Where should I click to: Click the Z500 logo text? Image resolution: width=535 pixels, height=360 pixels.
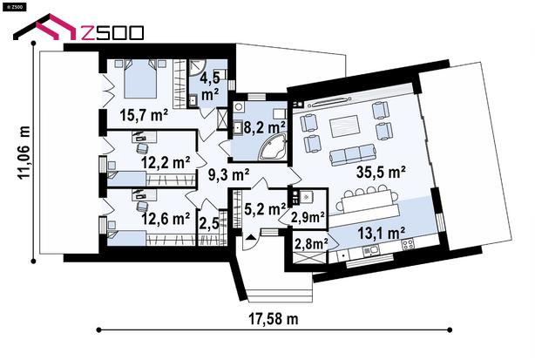coord(112,33)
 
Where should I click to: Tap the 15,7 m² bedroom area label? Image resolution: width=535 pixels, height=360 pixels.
coord(144,115)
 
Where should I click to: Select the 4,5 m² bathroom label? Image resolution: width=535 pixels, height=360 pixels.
coord(210,86)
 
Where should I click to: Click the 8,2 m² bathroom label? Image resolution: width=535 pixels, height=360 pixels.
coord(264,128)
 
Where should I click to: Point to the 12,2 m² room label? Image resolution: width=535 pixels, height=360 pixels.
coord(166,162)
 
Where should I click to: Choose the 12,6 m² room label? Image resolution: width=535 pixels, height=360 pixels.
coord(166,219)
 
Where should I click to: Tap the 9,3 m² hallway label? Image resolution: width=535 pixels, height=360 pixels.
coord(228,174)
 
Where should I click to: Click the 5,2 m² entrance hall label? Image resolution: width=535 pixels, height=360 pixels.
coord(265,208)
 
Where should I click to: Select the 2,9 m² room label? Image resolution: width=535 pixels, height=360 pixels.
coord(308,217)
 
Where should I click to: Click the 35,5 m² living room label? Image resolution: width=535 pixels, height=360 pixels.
coord(381,172)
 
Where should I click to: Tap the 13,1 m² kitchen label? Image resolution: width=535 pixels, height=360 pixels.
coord(382,233)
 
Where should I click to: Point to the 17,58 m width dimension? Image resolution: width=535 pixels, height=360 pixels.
coord(274,319)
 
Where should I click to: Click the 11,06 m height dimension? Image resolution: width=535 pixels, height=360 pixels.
coord(24,153)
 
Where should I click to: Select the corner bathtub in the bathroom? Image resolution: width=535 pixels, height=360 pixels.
coord(274,147)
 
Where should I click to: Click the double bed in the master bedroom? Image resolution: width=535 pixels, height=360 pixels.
coord(140,79)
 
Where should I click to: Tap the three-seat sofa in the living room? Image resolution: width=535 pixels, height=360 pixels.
coord(353,154)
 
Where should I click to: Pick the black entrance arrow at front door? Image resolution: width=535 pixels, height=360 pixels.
coord(250,237)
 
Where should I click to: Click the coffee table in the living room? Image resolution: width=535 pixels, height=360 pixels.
coord(344,126)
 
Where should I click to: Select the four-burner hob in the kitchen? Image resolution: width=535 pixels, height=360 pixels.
coord(408,244)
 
